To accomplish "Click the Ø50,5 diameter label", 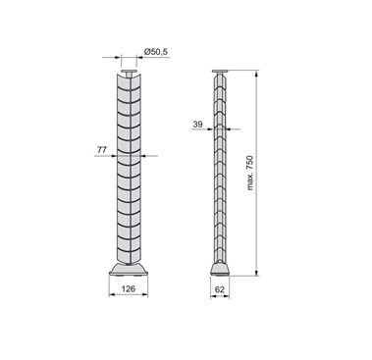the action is tap(155, 52).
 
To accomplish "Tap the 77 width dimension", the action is tap(102, 150).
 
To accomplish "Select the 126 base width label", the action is tap(129, 288).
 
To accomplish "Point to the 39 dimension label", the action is tap(197, 125).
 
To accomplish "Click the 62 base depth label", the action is tap(220, 289).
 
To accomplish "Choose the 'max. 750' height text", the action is tap(250, 173).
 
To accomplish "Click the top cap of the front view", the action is tap(129, 72).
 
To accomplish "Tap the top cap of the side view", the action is tap(220, 72).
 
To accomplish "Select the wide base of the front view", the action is tap(129, 269).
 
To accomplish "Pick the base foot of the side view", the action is tap(220, 269).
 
